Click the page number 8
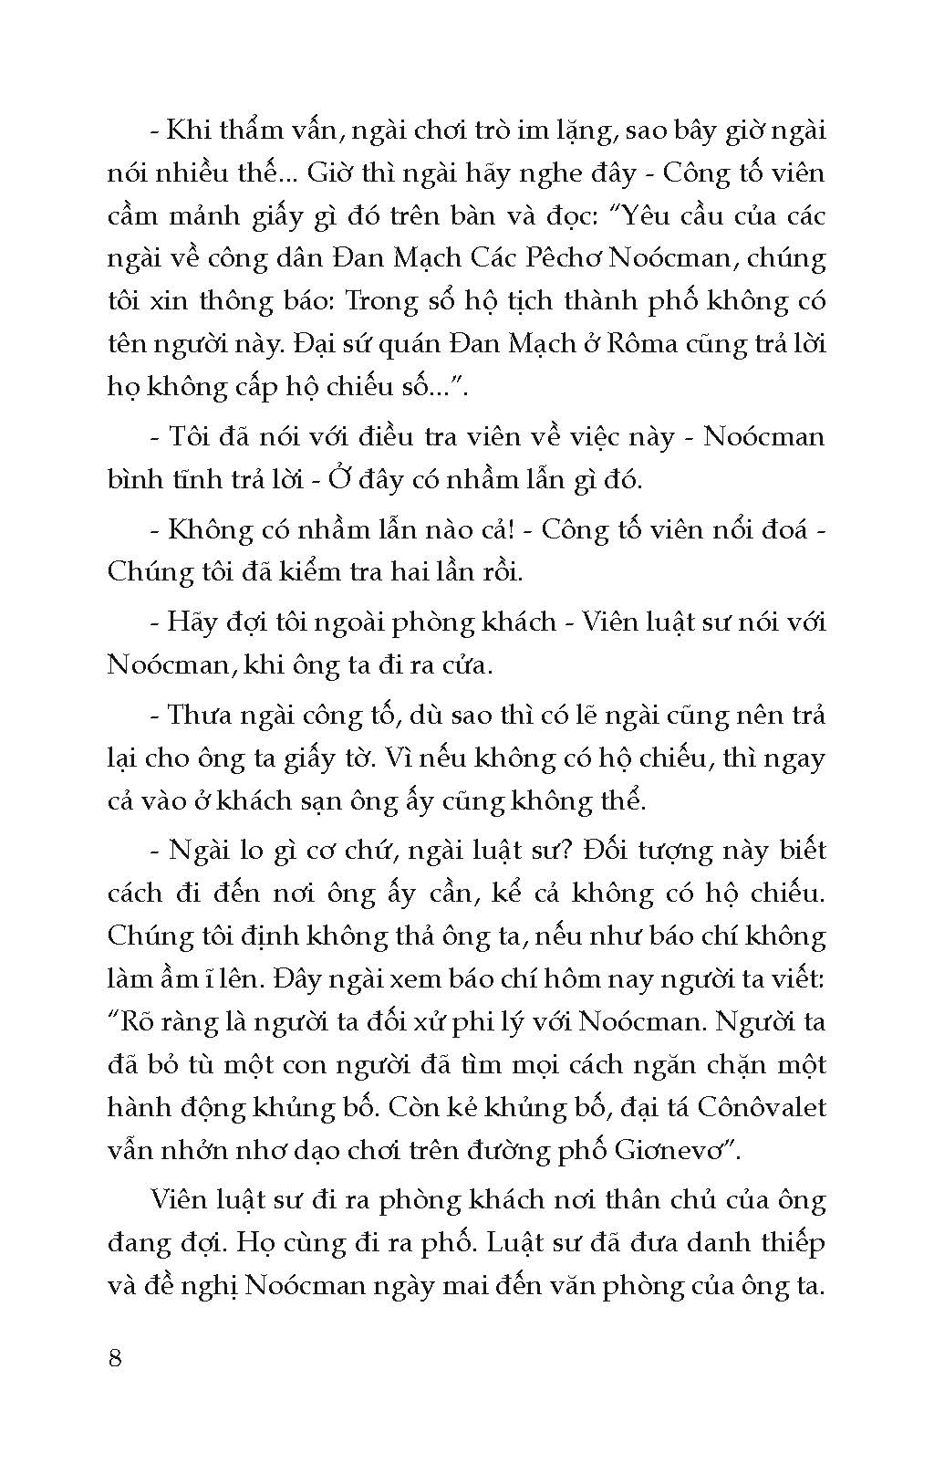point(115,1357)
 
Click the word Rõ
point(135,1022)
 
